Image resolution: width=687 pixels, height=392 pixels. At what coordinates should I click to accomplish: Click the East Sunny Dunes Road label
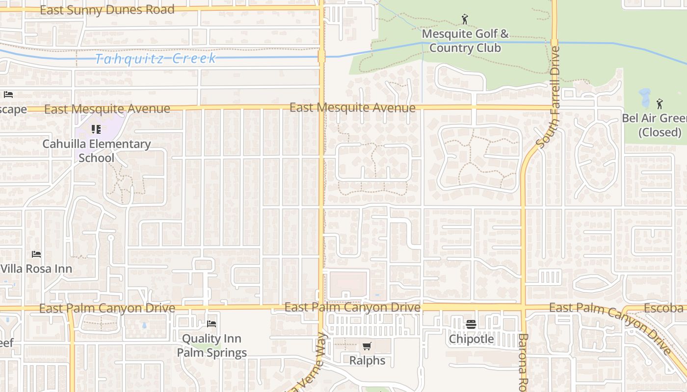107,10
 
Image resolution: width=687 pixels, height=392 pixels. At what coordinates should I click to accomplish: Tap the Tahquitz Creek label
156,59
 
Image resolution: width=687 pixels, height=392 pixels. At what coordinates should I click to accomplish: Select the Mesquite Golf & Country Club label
465,41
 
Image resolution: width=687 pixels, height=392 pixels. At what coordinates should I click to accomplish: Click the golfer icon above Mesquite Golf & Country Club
465,20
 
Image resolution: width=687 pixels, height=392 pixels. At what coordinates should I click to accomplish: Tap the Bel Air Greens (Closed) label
655,125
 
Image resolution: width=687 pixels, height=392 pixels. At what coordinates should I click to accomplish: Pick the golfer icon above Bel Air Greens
660,104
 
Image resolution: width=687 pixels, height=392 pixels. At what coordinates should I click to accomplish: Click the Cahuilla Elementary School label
97,151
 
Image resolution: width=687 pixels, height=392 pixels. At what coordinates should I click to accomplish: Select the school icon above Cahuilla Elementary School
96,129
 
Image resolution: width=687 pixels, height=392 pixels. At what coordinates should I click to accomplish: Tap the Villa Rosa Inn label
36,269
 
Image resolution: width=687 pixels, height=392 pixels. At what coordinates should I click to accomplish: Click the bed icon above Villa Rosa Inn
36,254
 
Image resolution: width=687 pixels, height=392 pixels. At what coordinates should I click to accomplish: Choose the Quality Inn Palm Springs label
212,345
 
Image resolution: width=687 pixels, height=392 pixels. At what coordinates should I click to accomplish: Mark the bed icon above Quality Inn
211,324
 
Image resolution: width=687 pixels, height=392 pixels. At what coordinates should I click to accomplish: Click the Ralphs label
367,361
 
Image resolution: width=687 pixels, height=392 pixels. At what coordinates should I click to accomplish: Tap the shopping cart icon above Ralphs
367,346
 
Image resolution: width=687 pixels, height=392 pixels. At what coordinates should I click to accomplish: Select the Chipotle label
471,339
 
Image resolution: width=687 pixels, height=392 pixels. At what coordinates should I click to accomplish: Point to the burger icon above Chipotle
471,324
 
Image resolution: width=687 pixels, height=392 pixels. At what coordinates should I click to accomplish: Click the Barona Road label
523,362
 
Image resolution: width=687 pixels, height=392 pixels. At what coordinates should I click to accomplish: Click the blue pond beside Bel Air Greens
644,98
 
